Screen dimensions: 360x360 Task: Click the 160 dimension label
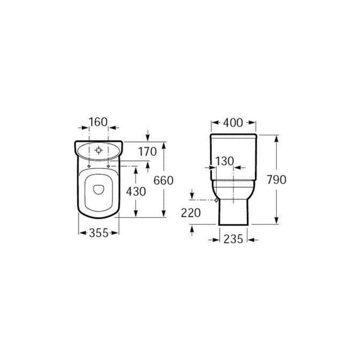[98, 122]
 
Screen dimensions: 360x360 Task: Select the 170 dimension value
[147, 152]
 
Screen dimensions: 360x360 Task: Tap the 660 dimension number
[163, 180]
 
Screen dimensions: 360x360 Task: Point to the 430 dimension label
[136, 191]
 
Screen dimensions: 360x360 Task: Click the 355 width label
[99, 233]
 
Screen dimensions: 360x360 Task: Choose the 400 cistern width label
[233, 123]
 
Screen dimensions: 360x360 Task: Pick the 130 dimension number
[224, 161]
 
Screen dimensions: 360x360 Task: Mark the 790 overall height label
[276, 180]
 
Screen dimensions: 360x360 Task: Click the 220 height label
[191, 213]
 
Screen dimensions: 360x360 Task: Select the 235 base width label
[233, 239]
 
